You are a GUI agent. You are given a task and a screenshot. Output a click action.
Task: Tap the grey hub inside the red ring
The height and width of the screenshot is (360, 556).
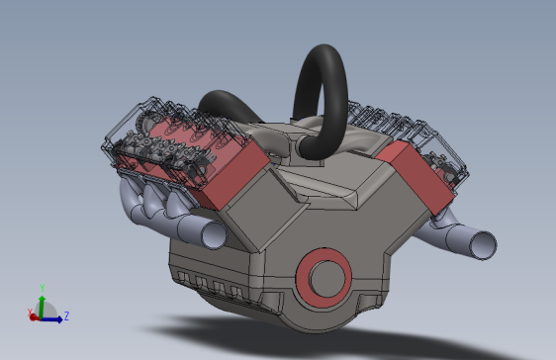tap(327, 279)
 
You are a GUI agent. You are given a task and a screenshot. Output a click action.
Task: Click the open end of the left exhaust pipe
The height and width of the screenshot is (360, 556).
tap(214, 234)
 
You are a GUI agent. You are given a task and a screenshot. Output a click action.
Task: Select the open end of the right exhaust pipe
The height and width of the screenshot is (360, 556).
tap(483, 245)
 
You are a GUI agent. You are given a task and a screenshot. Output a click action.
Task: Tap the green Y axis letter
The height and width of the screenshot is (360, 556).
tap(43, 288)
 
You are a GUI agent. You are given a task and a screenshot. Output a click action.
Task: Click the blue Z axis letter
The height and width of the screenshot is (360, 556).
tap(66, 315)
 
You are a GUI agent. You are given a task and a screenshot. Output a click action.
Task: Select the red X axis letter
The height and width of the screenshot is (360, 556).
tap(30, 313)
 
